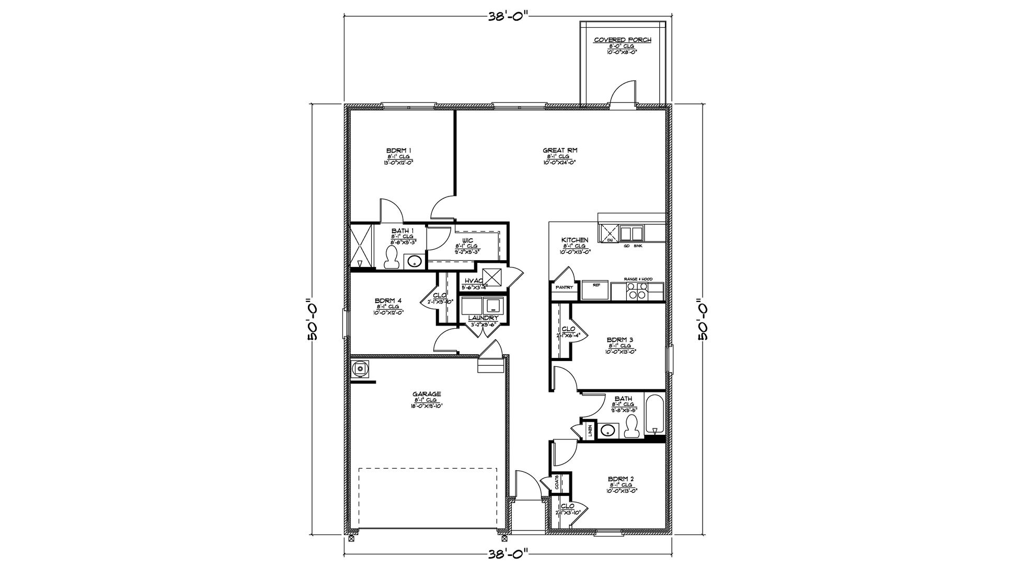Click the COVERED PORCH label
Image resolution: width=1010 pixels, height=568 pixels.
[x=622, y=40]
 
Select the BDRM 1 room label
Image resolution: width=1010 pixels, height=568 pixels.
[x=399, y=150]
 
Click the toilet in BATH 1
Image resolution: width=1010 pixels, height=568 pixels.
[x=391, y=258]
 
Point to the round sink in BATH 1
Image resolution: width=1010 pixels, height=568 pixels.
[x=415, y=261]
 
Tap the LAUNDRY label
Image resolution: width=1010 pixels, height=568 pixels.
[x=483, y=318]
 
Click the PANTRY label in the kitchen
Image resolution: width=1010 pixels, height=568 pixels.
[x=564, y=287]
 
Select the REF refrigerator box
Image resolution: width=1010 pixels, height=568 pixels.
[x=596, y=291]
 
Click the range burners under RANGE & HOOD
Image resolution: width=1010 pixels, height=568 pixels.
[x=637, y=291]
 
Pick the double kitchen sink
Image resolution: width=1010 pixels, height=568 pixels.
[x=631, y=233]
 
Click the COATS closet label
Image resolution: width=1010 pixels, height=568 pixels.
[x=558, y=482]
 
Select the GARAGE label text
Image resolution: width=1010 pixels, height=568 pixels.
[x=427, y=394]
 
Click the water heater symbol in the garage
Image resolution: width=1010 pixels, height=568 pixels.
[x=360, y=368]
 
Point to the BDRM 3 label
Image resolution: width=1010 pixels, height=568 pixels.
[x=621, y=340]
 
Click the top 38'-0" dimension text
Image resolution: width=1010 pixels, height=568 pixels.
[x=506, y=15]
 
